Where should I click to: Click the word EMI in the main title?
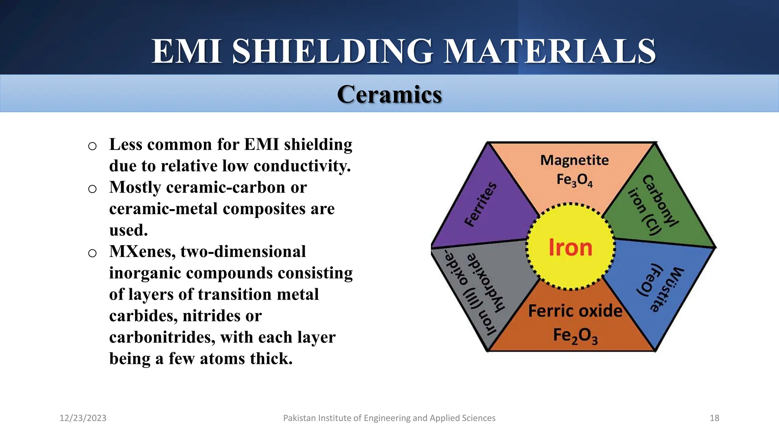click(187, 51)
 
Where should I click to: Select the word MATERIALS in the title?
click(550, 51)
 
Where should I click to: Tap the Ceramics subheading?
click(389, 94)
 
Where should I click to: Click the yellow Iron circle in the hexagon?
click(570, 248)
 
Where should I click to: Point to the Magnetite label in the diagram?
click(574, 160)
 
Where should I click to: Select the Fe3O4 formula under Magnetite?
click(574, 180)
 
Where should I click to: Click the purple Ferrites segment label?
click(481, 204)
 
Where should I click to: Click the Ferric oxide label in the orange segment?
click(575, 311)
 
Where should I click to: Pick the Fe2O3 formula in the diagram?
click(575, 336)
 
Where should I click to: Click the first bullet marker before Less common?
click(92, 146)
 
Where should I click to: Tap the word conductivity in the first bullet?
click(302, 166)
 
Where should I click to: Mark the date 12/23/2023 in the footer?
click(83, 418)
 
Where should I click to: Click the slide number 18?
click(714, 418)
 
